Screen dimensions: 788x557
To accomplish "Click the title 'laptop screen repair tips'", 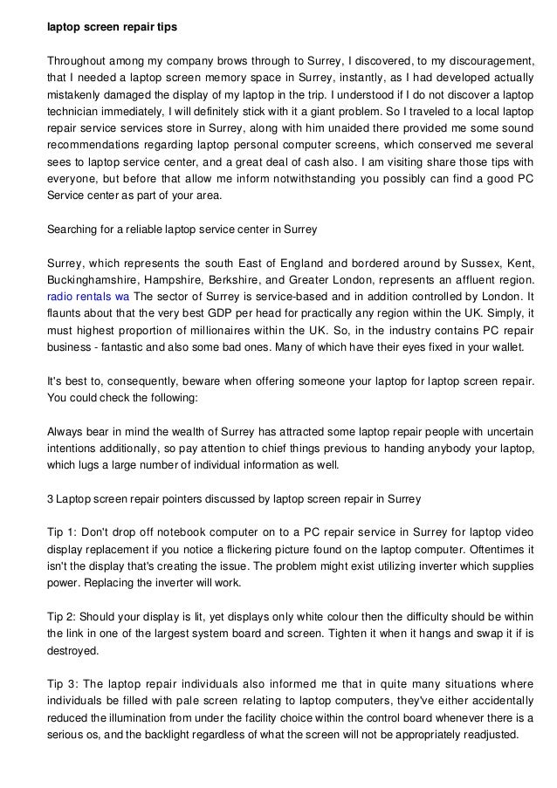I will click(x=112, y=27).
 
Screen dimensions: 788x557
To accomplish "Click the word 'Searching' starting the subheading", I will click(x=73, y=230).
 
